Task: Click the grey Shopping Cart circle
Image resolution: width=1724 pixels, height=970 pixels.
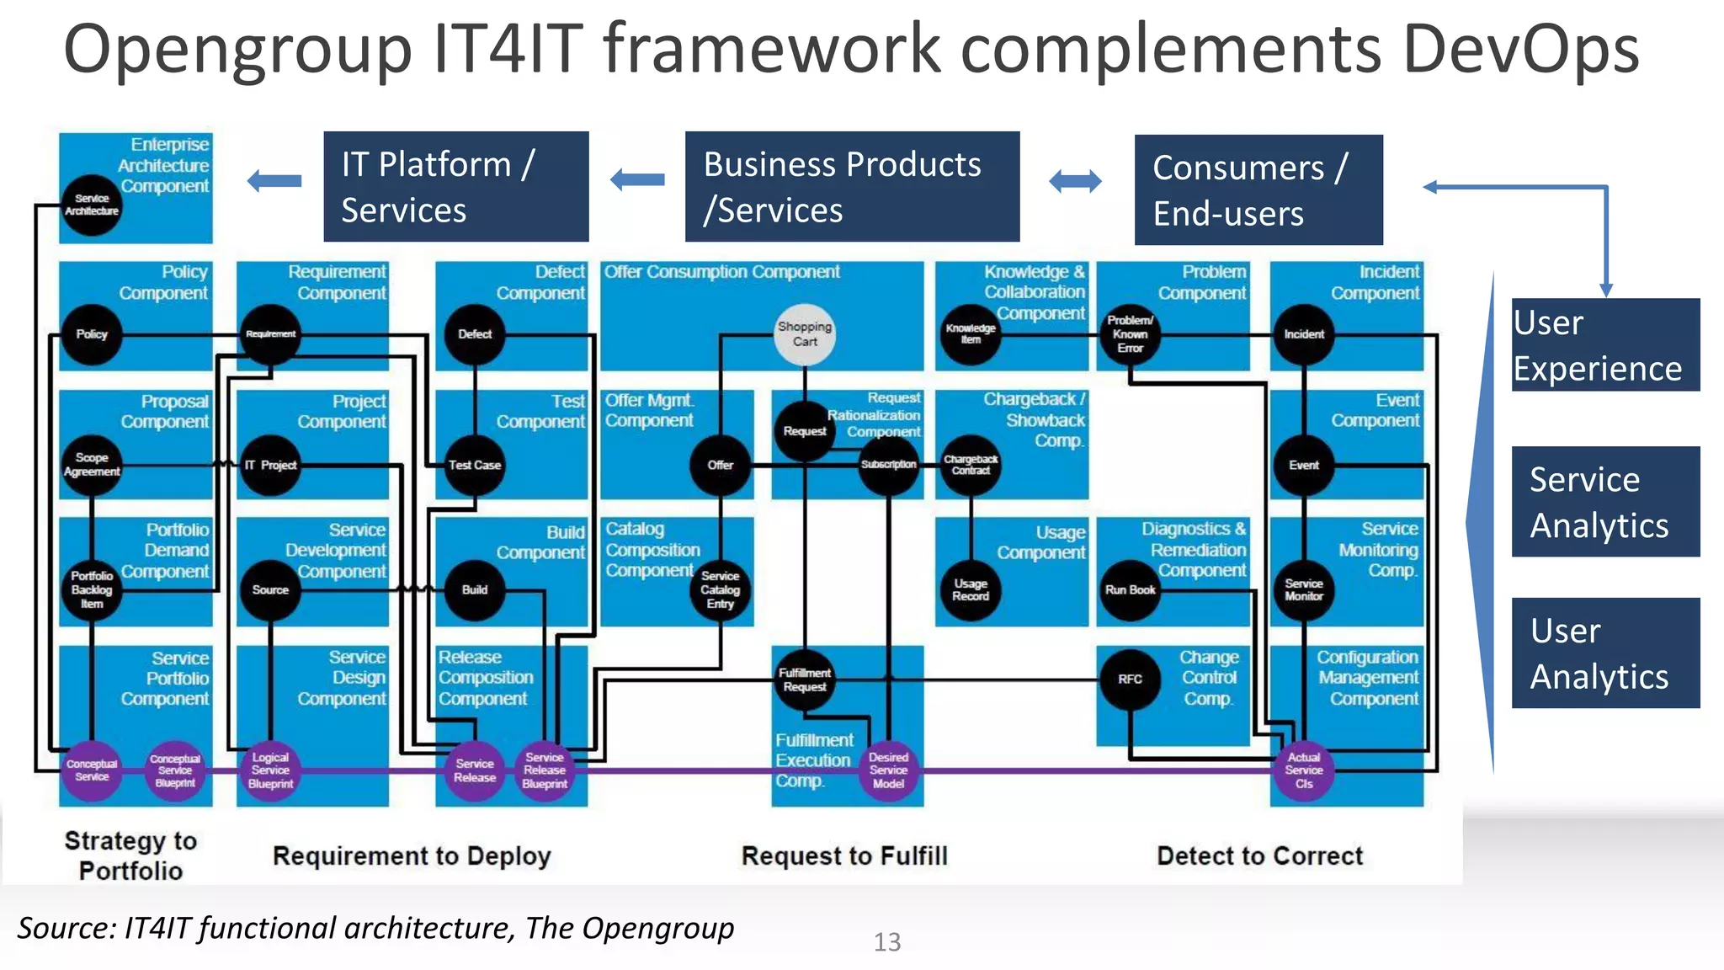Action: coord(805,334)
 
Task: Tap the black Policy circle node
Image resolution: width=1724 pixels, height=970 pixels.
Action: coord(92,334)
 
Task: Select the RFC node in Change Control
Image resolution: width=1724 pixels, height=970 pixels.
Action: coord(1130,679)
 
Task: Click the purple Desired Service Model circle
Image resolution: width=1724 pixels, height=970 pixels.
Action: coord(888,770)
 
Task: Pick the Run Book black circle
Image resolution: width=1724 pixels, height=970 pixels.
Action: coord(1130,590)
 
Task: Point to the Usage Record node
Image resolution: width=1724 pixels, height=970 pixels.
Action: coord(971,590)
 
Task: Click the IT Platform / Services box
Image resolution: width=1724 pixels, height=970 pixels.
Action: coord(455,187)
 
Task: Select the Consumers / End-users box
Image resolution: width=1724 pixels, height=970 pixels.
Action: coord(1258,190)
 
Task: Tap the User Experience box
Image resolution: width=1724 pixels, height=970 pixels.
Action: coord(1604,345)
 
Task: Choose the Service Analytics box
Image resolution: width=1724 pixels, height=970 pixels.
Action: coord(1604,502)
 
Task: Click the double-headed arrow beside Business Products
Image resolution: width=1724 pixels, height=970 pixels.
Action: coord(1075,181)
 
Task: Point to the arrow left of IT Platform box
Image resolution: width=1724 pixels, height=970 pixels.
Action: coord(275,181)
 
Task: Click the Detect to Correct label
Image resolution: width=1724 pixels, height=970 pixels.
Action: coord(1259,856)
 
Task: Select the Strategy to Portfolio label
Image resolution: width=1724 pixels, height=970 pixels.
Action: coord(130,855)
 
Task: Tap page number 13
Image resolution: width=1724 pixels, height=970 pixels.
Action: coord(886,941)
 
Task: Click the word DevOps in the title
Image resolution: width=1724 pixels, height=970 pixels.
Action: coord(1520,49)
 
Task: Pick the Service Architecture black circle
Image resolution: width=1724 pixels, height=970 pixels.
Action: coord(92,205)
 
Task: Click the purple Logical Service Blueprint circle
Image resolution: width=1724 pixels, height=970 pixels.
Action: coord(270,770)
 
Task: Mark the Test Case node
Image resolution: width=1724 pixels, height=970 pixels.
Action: coord(475,465)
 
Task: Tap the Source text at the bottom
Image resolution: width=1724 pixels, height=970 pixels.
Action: coord(375,928)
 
